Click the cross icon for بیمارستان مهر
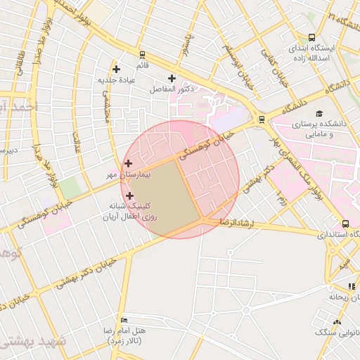(127, 163)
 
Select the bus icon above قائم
(142, 54)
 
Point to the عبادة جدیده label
(117, 80)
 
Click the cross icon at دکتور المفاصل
(172, 78)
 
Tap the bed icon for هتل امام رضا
(125, 321)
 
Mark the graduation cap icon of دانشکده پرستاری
(320, 113)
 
